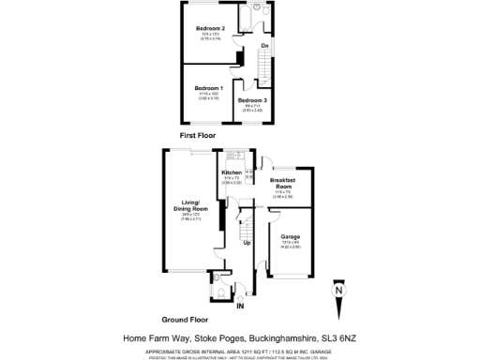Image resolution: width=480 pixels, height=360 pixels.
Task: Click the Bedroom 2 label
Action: (x=209, y=29)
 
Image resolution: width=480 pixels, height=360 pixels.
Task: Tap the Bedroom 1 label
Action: (x=209, y=86)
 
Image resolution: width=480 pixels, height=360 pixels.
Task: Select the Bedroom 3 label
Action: (x=251, y=100)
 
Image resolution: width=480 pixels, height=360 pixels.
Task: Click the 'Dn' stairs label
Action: (x=265, y=46)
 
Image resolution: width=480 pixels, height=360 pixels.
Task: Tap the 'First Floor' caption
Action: (x=198, y=135)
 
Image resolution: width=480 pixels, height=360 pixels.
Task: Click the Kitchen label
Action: (x=232, y=173)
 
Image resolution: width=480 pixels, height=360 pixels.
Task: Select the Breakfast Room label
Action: (x=283, y=181)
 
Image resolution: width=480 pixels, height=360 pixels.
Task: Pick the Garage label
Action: (x=290, y=237)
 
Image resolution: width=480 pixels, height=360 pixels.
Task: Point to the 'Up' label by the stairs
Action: (x=247, y=244)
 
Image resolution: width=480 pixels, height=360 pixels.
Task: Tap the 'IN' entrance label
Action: (x=240, y=306)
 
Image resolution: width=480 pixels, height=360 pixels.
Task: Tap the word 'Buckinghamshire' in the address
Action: (x=282, y=338)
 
